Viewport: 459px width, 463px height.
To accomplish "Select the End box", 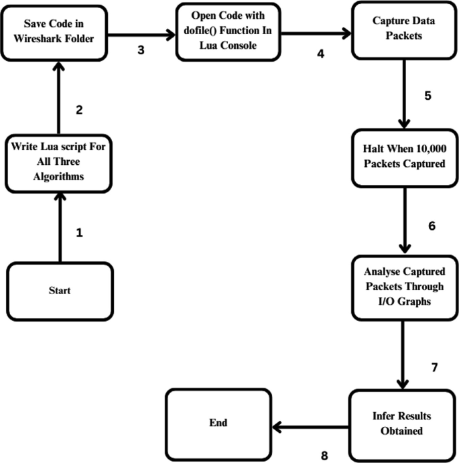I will point(218,423).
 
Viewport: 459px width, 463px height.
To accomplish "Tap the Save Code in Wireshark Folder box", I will point(58,31).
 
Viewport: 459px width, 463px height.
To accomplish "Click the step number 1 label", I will point(80,233).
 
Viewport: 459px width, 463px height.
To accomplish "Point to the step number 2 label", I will point(80,110).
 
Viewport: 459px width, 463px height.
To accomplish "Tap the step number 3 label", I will point(141,50).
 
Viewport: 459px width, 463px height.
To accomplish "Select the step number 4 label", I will point(321,54).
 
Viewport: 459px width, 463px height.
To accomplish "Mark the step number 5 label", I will point(428,94).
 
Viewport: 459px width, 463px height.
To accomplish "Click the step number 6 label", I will point(431,225).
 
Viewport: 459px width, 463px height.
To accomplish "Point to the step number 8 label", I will point(324,455).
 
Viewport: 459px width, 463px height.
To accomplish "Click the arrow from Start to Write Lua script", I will point(59,227).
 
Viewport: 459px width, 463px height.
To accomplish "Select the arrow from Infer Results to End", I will point(311,425).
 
